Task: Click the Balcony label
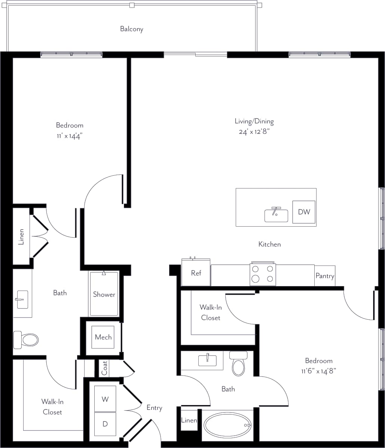131,29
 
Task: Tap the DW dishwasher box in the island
304,212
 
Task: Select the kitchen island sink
276,215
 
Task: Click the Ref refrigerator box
196,273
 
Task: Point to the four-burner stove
263,274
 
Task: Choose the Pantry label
324,276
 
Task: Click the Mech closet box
103,337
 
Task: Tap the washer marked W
105,399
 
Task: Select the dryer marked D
105,424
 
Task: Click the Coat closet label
104,368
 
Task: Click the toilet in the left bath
26,340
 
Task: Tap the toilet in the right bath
238,363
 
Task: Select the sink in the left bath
22,299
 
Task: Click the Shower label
104,294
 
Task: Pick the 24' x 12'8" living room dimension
254,132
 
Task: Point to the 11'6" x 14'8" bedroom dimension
318,371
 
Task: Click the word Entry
154,408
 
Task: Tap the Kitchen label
269,244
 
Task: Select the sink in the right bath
207,360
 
